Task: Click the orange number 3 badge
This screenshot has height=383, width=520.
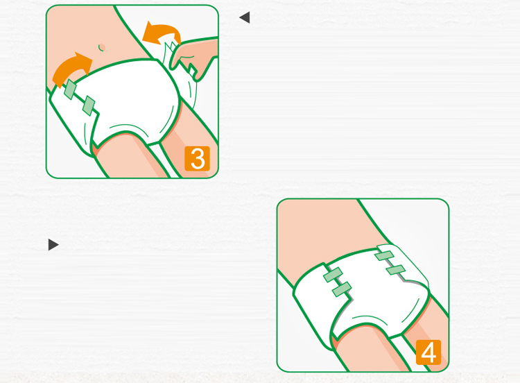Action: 198,158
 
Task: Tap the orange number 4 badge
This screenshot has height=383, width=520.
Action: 428,352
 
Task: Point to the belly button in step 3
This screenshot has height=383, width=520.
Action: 101,47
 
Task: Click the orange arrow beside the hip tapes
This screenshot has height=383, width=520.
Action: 71,69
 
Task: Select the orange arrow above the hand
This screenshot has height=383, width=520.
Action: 162,33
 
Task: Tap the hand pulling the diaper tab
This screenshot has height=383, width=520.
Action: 194,58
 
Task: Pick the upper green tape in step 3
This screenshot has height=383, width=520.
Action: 70,90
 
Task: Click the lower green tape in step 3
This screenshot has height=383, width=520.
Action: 89,105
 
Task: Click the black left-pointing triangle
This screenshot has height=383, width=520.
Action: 245,17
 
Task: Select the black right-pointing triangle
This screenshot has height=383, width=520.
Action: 53,245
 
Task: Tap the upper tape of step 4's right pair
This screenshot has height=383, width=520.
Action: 384,255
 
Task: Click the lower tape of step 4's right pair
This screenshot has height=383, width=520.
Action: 396,269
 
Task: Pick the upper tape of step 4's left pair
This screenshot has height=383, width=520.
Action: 333,275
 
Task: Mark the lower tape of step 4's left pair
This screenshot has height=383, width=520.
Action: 342,289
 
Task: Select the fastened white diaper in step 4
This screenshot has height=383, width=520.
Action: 361,292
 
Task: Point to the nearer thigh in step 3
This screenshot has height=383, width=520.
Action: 130,156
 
